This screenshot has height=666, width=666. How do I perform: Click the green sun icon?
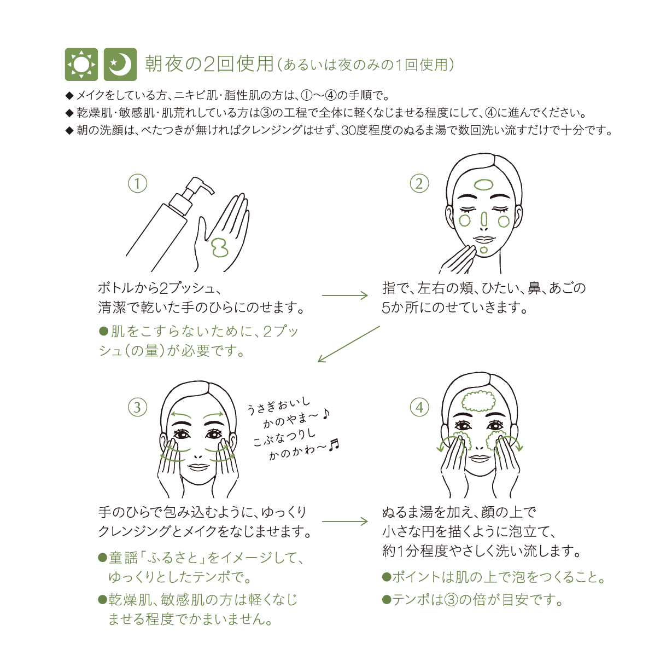[81, 65]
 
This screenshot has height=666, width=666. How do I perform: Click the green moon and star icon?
[120, 65]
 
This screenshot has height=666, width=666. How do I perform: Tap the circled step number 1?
[138, 183]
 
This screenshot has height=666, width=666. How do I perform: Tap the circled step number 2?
[419, 183]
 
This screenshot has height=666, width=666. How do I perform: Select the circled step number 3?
[138, 407]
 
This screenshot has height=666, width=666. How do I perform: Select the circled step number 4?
[419, 407]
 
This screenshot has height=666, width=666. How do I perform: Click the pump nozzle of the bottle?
[201, 186]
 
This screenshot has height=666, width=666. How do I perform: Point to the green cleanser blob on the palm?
[219, 247]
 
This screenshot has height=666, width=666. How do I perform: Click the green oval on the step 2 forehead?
[484, 185]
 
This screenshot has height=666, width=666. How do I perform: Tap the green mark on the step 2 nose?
[484, 220]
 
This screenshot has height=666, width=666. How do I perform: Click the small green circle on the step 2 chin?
[484, 250]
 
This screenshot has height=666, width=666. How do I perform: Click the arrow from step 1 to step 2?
[344, 295]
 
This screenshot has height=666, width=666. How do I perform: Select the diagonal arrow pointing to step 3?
[348, 344]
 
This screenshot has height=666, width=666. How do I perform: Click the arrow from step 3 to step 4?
[344, 522]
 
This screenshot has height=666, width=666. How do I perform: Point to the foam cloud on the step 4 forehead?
[478, 401]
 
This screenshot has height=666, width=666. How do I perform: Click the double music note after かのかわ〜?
[334, 445]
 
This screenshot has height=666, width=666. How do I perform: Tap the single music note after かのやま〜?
[326, 414]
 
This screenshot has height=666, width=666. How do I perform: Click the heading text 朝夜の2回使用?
[209, 64]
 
